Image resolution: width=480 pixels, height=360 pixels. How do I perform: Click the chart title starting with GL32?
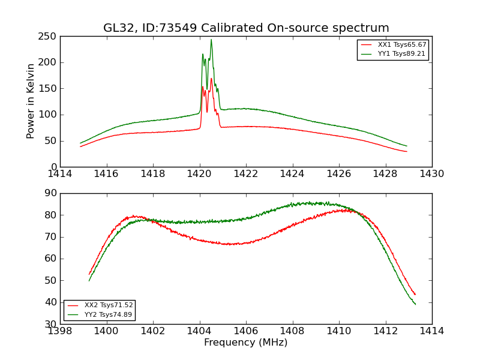click(246, 28)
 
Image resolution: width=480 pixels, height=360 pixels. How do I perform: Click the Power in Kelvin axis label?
click(31, 101)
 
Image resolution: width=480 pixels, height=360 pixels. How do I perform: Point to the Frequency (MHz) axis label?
click(245, 343)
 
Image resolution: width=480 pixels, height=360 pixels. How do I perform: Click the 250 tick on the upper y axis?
click(49, 36)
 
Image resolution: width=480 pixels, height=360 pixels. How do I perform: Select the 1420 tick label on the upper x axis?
click(200, 174)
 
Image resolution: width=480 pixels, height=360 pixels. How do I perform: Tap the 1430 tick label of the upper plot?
click(431, 174)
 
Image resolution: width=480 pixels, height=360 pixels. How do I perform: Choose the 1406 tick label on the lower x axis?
click(246, 331)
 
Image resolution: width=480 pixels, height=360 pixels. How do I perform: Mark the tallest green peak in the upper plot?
click(211, 40)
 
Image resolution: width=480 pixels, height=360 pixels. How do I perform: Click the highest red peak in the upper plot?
click(211, 78)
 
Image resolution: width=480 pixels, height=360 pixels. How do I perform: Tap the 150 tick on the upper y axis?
click(49, 88)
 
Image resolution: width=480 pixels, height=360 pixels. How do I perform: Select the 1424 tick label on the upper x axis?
click(293, 174)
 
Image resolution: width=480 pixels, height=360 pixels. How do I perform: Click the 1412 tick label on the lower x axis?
click(385, 331)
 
